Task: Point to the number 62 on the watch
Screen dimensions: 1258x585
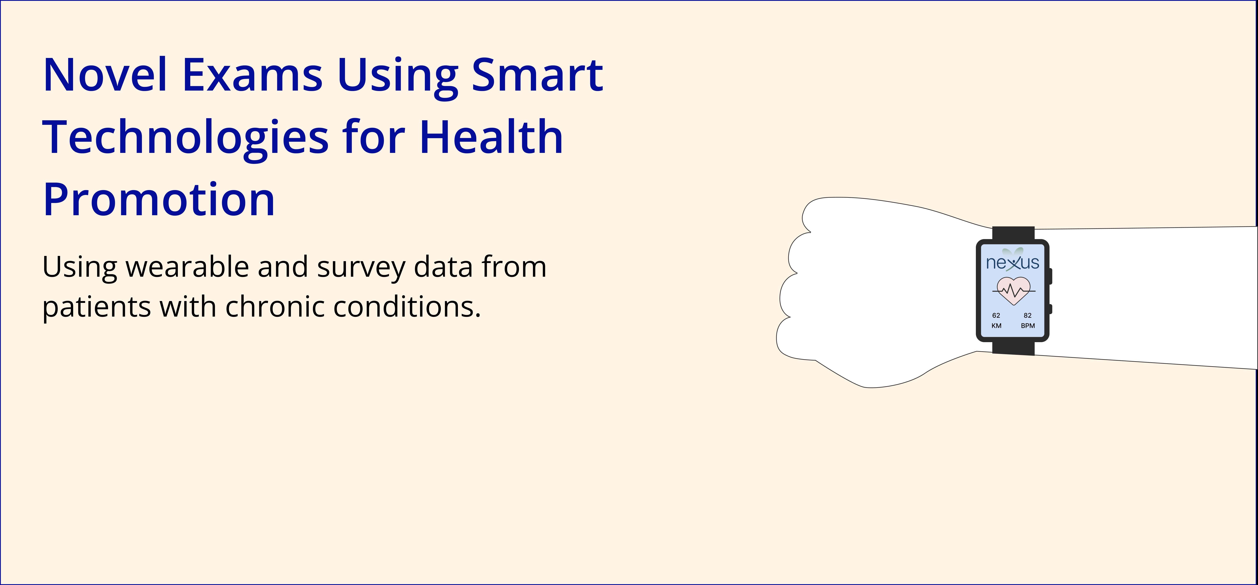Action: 996,315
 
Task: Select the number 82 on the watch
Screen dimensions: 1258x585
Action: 1028,315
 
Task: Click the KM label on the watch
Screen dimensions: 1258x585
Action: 996,326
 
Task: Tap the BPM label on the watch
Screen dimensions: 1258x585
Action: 1028,326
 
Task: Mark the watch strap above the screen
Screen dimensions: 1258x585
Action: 1013,233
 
